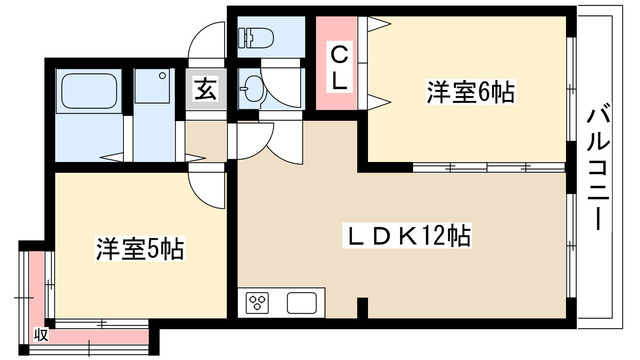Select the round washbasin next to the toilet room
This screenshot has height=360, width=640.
[253, 90]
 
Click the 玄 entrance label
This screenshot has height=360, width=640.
[204, 91]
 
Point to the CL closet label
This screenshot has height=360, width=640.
[340, 66]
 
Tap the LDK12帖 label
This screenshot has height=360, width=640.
[407, 237]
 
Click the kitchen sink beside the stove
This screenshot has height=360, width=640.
[302, 302]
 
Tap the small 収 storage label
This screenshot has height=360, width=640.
[40, 334]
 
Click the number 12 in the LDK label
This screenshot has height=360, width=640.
[435, 237]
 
